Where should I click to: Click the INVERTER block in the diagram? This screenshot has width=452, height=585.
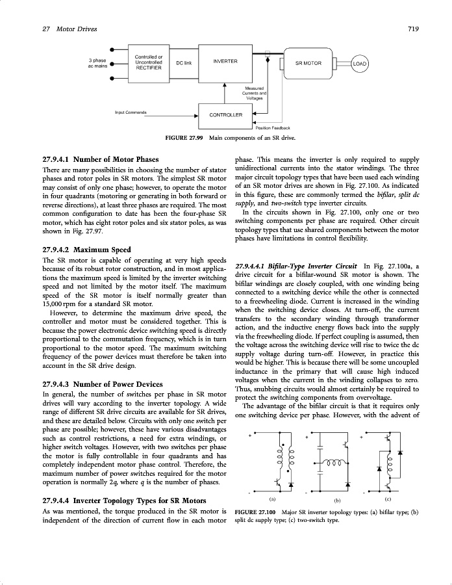coord(225,62)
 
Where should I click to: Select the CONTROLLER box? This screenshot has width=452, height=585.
coord(225,114)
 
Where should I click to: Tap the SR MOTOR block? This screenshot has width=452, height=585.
coord(308,64)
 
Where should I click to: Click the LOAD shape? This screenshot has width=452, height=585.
coord(360,64)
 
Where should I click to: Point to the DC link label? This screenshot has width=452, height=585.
coord(184,62)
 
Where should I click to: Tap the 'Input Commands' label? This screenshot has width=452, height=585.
coord(131,112)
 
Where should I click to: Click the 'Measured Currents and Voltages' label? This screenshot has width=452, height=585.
coord(254,93)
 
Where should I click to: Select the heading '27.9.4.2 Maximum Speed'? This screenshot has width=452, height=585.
coord(77,250)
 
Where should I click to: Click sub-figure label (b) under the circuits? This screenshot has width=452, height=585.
coord(336,500)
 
